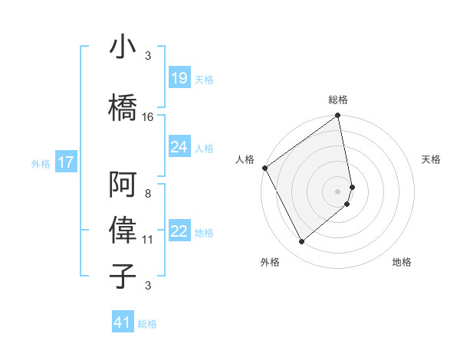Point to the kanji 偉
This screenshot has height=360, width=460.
coord(123,231)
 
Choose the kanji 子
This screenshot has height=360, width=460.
coord(123,276)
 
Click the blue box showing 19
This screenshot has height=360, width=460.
coord(179,78)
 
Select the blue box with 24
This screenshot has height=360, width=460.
coord(179,147)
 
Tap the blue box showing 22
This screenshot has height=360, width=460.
coord(179,232)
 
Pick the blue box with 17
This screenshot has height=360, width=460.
coord(65,162)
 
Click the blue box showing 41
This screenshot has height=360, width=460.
coord(123,322)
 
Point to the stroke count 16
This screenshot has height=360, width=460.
coord(148,117)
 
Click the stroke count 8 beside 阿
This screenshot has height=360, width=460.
coord(148,194)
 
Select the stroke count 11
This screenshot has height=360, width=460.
coord(148,240)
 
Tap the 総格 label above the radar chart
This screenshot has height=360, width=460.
coord(338,100)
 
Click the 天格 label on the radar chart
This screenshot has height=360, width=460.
coord(431,159)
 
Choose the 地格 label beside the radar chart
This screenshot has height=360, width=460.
coord(402,262)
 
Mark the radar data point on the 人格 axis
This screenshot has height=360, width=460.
coord(264,168)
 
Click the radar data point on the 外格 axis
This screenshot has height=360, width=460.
coord(302,242)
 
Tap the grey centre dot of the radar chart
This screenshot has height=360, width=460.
coord(338,191)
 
